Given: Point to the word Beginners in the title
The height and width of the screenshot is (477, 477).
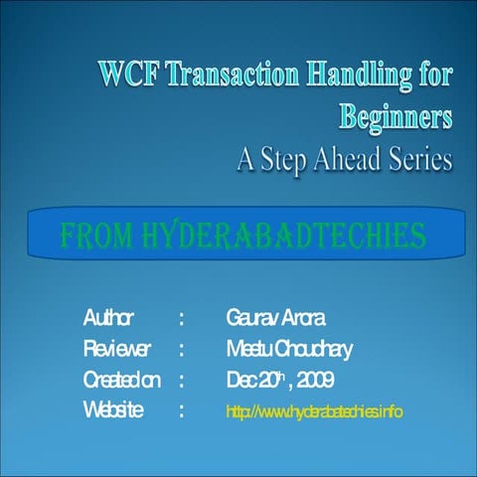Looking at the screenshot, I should point(397,116).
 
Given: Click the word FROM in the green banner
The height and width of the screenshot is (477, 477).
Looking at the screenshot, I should point(94,237).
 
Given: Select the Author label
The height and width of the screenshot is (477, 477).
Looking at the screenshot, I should point(108,319).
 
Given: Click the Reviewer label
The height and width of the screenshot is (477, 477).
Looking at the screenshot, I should point(117,349).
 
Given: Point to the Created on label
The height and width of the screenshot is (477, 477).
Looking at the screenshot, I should point(121,380).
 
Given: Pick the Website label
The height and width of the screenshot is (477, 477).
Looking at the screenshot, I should point(113,410).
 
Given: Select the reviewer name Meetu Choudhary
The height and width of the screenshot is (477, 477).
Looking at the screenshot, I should point(287,349).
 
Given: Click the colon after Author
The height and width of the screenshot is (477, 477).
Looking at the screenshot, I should point(182,319).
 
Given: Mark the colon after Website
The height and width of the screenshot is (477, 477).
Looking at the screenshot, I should point(182,410).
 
